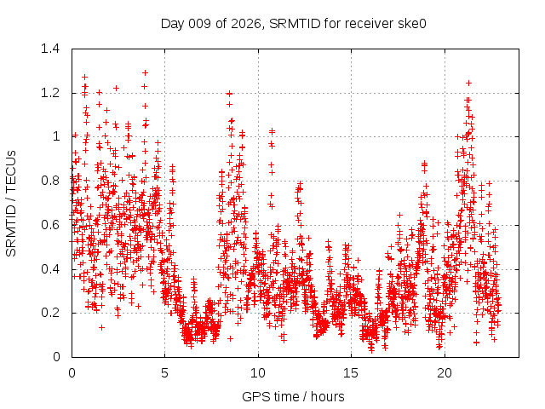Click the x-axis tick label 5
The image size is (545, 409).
pos(165,373)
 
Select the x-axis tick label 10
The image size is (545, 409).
pos(258,373)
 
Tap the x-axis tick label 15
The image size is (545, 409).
pos(352,373)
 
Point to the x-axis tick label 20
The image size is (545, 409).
pos(445,373)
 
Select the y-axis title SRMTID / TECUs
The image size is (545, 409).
pos(12,203)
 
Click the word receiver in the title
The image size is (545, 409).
pos(368,23)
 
